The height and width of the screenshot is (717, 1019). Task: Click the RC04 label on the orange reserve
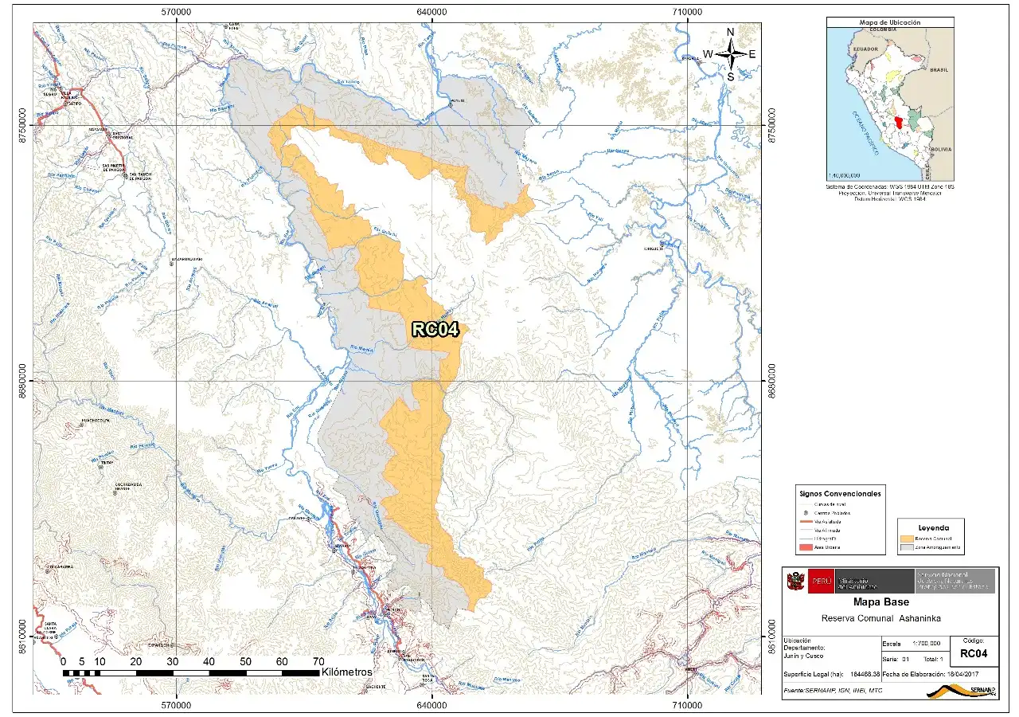coord(435,330)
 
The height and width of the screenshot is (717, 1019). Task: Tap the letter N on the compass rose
coord(730,33)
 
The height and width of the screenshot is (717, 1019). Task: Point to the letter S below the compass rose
coord(730,76)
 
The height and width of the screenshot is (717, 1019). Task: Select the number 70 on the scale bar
coord(318,662)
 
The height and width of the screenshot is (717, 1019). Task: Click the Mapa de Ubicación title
coord(889,23)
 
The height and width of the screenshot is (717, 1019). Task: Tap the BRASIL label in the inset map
coord(939,70)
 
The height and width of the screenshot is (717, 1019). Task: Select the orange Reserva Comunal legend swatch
coord(906,539)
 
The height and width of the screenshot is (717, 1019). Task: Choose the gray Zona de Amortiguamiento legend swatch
coord(906,548)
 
